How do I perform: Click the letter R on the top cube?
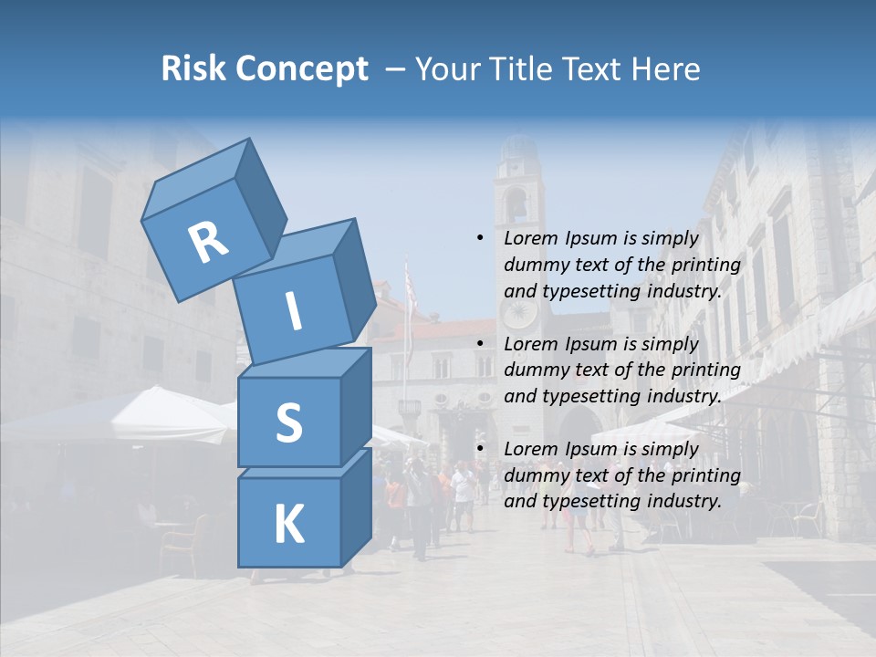208,243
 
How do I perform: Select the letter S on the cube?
288,422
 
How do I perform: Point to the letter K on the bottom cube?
288,525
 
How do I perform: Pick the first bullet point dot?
480,238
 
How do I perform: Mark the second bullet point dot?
480,344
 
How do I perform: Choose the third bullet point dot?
480,449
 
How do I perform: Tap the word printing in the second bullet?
705,370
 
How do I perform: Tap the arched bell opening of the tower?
516,205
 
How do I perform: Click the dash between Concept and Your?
396,69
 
